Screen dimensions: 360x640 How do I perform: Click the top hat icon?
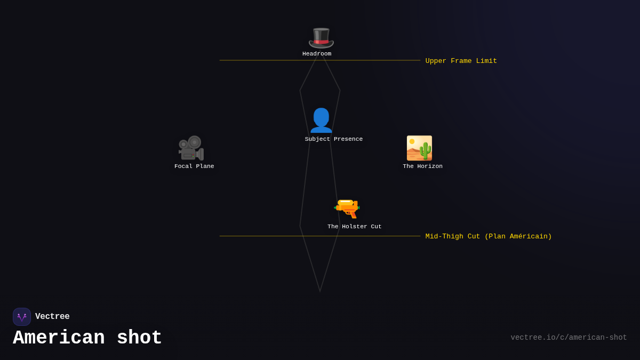coord(321,37)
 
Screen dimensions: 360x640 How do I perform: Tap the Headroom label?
coord(317,54)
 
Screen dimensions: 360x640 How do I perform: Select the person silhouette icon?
coord(321,121)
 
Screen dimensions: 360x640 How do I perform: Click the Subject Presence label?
coord(334,139)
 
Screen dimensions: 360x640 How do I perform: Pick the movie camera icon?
coord(191,148)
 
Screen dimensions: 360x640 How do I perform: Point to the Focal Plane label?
coord(194,166)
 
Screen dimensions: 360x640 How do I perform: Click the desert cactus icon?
coord(419,148)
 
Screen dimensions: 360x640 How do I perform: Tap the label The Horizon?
coord(422,166)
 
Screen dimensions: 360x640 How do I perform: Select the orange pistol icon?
coord(347,208)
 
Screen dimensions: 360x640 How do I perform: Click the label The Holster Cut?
coord(355,227)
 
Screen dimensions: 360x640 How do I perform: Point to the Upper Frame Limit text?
coord(461,61)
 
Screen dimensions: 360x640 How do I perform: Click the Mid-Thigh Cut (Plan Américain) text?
coord(489,237)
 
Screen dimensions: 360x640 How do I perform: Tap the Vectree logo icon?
coord(22,317)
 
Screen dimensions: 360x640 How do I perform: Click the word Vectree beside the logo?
coord(52,317)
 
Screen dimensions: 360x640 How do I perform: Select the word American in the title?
coord(59,338)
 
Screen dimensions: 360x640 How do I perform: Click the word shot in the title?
coord(139,338)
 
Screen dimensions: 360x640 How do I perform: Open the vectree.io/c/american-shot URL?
coord(569,338)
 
